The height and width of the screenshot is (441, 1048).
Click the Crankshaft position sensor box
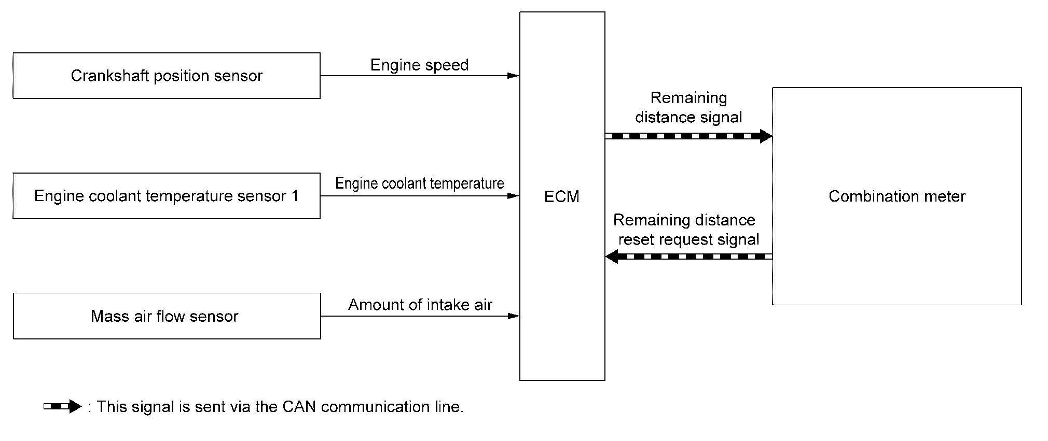(x=167, y=76)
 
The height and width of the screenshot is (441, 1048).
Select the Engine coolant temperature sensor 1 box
(x=167, y=196)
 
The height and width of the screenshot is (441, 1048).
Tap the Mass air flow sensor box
(x=167, y=316)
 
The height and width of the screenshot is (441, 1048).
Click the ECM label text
(x=562, y=196)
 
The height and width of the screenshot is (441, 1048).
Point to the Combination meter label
(x=897, y=196)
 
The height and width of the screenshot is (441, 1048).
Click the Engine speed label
(x=419, y=65)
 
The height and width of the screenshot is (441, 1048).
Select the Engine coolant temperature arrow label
(x=419, y=183)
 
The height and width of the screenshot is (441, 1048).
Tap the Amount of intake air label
(x=420, y=305)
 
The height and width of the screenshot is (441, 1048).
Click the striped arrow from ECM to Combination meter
(x=688, y=136)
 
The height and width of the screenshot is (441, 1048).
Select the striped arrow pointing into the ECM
(x=688, y=257)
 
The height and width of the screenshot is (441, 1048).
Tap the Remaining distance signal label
(x=688, y=107)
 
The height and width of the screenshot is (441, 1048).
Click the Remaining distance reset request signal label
(x=686, y=230)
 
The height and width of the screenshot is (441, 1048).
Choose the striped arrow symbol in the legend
(x=62, y=407)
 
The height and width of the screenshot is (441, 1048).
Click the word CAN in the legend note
(x=299, y=407)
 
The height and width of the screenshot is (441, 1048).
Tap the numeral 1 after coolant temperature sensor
(x=295, y=196)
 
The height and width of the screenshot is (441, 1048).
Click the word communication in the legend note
(x=376, y=407)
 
